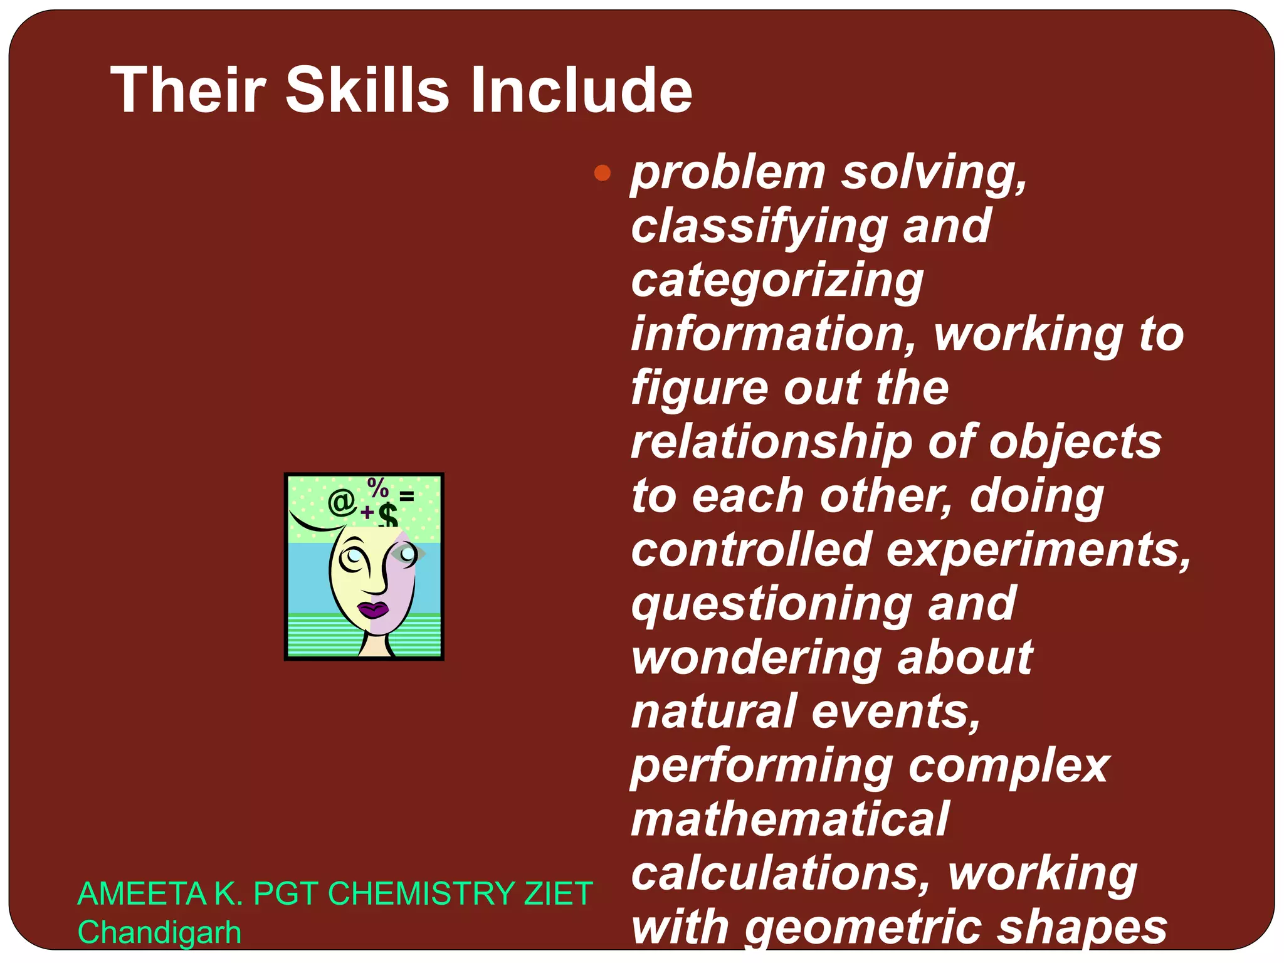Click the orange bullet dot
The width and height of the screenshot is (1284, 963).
point(603,172)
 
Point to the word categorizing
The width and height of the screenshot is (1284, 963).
point(777,282)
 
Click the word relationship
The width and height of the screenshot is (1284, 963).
point(772,443)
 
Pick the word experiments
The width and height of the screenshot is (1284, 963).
point(1040,550)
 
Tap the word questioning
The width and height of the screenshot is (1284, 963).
point(771,605)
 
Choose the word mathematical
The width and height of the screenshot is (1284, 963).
point(790,819)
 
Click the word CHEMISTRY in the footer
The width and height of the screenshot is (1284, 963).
point(421,893)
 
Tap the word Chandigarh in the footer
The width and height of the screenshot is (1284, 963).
point(159,932)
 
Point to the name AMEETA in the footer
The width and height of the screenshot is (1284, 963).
point(142,893)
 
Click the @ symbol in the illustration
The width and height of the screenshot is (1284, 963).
point(342,502)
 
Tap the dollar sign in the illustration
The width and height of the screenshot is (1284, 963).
point(388,516)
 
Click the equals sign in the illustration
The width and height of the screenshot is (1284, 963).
point(407,497)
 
